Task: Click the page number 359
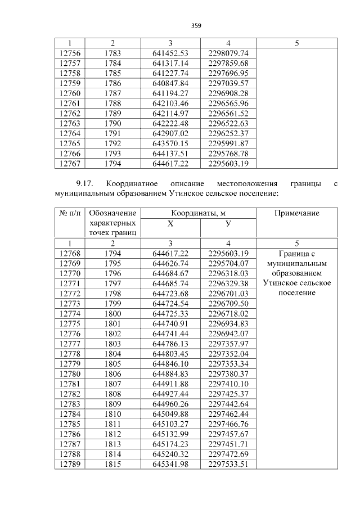click(196, 25)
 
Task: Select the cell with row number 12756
click(70, 53)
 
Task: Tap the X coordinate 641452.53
click(170, 53)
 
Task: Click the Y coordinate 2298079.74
click(228, 53)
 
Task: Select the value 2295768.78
click(228, 152)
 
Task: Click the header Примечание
click(296, 213)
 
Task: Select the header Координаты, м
click(199, 213)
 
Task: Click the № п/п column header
click(70, 213)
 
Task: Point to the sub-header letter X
click(170, 224)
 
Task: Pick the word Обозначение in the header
click(112, 213)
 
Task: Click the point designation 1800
click(112, 313)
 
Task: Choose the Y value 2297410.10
click(228, 384)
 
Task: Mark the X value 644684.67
click(170, 273)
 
